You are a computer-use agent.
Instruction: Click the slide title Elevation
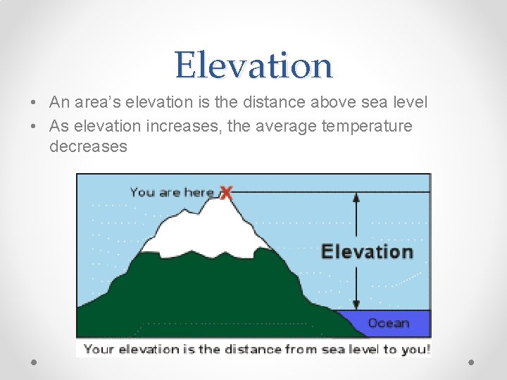click(x=254, y=65)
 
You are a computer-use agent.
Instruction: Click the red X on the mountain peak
click(x=225, y=192)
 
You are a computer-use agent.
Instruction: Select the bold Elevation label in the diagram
click(x=366, y=251)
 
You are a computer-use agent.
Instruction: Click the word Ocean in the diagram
click(x=388, y=323)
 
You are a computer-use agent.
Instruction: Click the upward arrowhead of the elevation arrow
click(x=356, y=198)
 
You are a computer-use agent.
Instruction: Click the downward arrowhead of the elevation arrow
click(x=356, y=304)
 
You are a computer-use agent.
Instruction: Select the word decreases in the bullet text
click(x=88, y=146)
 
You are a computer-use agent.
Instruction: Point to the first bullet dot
click(x=34, y=103)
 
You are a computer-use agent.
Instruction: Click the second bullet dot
click(x=34, y=127)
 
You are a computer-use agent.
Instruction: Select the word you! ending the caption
click(x=415, y=349)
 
